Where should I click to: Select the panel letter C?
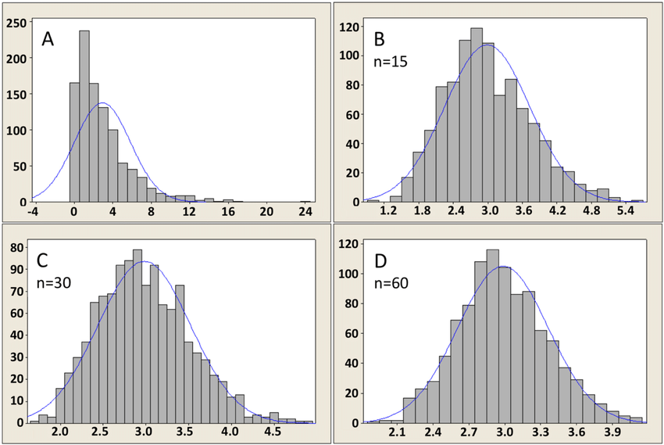click(x=46, y=258)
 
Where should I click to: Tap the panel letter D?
click(x=381, y=258)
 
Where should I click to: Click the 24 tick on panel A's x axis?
click(x=305, y=212)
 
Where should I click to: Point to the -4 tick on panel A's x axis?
click(x=34, y=212)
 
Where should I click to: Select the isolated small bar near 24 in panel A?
click(x=305, y=200)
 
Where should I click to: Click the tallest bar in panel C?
click(x=137, y=336)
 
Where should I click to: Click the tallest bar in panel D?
click(x=492, y=336)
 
